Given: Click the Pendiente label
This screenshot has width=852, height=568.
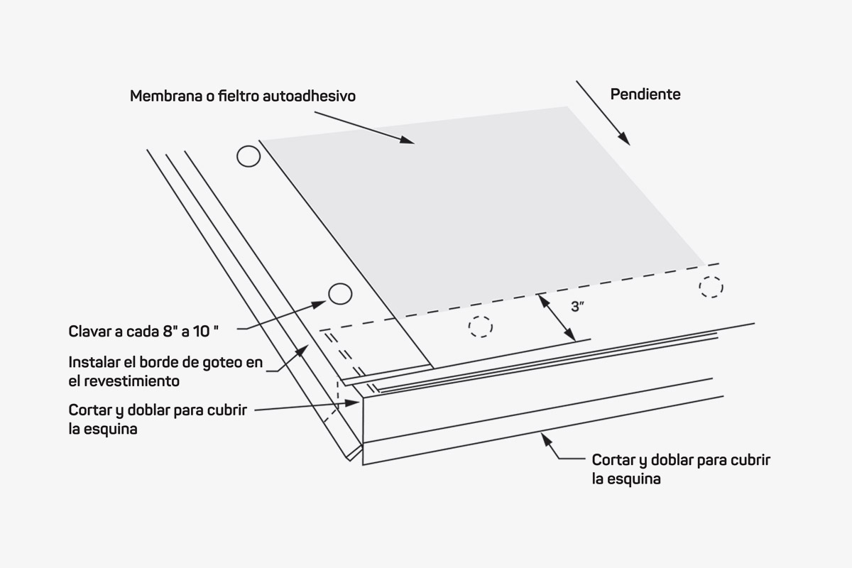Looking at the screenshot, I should tap(645, 94).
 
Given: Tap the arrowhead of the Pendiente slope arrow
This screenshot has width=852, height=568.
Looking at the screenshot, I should tap(625, 140).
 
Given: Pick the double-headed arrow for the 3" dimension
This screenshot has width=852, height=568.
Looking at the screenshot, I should tap(556, 317).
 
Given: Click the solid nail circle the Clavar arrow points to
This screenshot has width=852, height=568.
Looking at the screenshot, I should tap(340, 293).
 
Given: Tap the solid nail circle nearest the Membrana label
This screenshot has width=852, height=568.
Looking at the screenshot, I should tap(248, 156).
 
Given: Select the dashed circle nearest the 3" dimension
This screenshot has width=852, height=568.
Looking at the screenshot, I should tap(481, 326).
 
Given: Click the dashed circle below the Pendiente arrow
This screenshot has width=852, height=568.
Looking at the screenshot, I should tap(711, 287).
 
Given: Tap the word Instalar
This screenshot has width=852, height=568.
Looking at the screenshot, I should tap(93, 362).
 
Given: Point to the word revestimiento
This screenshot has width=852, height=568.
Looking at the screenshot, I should tap(134, 381).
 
